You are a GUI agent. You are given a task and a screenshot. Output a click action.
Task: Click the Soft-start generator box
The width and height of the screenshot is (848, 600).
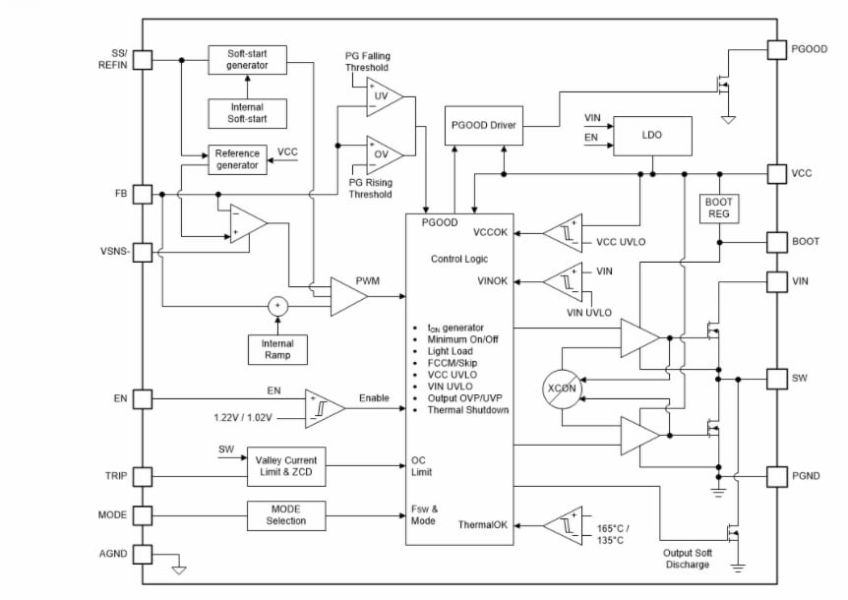coord(247,59)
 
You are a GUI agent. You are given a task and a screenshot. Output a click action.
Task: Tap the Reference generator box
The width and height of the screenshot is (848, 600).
coord(237,159)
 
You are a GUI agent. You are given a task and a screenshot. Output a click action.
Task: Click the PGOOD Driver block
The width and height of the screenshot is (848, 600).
coord(484,125)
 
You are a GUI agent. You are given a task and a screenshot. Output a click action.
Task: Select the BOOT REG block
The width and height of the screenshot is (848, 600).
coord(718,208)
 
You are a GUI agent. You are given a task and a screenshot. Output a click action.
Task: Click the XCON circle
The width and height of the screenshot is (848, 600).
coord(563,389)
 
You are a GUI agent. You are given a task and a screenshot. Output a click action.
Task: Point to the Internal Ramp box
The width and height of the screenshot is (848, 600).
coord(277,349)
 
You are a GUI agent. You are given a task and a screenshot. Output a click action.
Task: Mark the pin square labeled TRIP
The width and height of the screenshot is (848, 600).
coord(143,477)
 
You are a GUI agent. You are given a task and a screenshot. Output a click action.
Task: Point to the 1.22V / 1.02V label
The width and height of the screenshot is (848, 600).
coord(242,417)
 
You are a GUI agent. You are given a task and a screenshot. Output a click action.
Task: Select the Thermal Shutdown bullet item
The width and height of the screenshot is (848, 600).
coord(467,410)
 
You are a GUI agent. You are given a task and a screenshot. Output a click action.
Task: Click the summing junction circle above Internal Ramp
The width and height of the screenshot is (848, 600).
coord(277,306)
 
